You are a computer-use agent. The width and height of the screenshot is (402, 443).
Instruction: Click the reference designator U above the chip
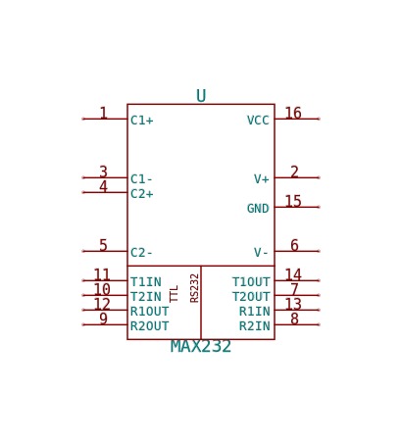(201, 96)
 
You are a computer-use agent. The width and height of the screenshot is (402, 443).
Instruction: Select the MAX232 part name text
(201, 347)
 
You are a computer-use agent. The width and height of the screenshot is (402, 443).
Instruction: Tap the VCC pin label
(258, 121)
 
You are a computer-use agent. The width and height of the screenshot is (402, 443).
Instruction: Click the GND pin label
(258, 209)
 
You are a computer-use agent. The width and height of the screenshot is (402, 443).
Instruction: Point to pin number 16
(293, 113)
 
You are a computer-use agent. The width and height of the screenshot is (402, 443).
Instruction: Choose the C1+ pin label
(141, 121)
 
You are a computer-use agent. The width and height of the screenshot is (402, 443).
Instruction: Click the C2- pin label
(141, 253)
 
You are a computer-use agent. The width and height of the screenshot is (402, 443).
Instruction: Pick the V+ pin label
(262, 179)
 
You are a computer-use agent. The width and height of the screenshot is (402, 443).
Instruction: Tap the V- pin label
(262, 253)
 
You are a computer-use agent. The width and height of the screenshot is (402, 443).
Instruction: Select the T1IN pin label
(146, 282)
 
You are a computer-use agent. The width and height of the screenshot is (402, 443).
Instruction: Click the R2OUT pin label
(149, 326)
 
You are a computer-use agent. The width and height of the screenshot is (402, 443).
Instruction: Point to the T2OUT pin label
(251, 297)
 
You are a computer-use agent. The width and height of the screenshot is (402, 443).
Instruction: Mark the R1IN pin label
(255, 312)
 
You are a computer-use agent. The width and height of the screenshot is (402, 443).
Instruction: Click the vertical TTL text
(174, 294)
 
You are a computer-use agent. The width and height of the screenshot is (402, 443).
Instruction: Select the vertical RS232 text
(194, 288)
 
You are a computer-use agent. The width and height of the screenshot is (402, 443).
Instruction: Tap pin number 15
(293, 201)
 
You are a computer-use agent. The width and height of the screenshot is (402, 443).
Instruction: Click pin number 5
(103, 245)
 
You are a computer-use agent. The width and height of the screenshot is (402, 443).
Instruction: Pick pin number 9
(103, 319)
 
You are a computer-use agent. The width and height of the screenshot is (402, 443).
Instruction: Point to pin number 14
(293, 274)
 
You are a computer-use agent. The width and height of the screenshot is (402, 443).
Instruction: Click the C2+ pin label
(141, 194)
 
